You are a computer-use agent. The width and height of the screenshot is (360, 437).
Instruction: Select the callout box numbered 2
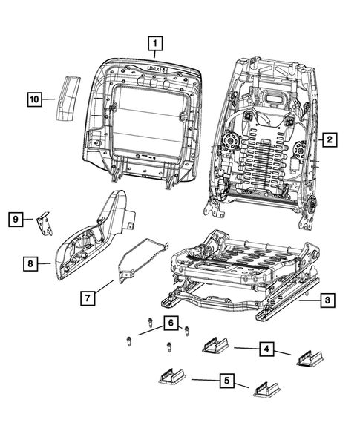click(x=329, y=138)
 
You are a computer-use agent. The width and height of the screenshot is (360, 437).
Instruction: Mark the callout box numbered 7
click(x=88, y=299)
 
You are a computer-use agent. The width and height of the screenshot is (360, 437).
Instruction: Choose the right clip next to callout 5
click(x=266, y=389)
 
